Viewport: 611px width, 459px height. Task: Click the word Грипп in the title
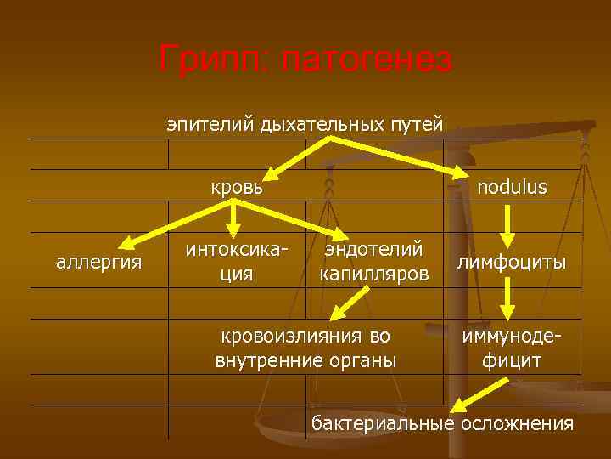point(212,60)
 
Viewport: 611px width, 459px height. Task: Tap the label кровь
point(237,186)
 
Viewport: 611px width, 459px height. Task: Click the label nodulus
point(512,186)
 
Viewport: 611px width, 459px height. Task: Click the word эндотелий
point(374,249)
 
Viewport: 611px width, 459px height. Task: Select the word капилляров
point(374,274)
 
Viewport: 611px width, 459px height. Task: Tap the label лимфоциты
point(512,262)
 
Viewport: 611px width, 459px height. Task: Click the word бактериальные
point(382,422)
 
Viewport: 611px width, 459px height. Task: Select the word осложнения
point(517,422)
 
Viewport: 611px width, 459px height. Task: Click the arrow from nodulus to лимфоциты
point(507,223)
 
